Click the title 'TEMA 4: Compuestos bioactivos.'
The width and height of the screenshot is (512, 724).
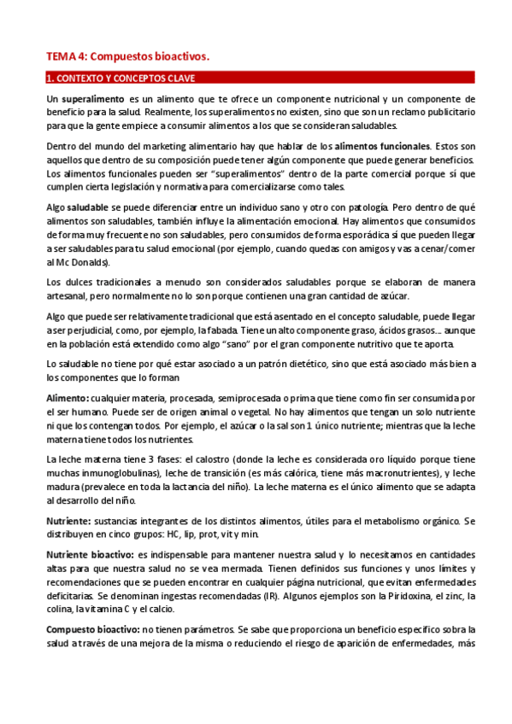[x=127, y=56]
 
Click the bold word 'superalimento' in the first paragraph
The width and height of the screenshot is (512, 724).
[x=90, y=100]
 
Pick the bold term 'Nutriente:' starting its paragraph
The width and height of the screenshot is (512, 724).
[x=69, y=520]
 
